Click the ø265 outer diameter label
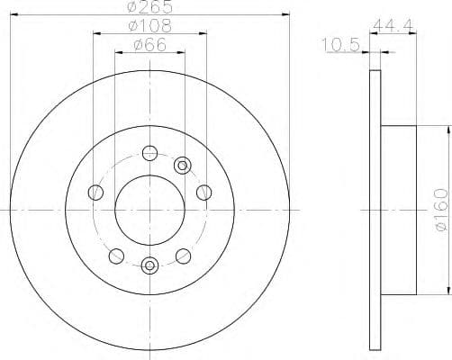(149, 7)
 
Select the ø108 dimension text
(149, 28)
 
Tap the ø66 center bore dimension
(149, 46)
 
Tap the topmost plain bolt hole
(149, 152)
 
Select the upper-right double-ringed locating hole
(183, 164)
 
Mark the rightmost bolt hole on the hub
(203, 191)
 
